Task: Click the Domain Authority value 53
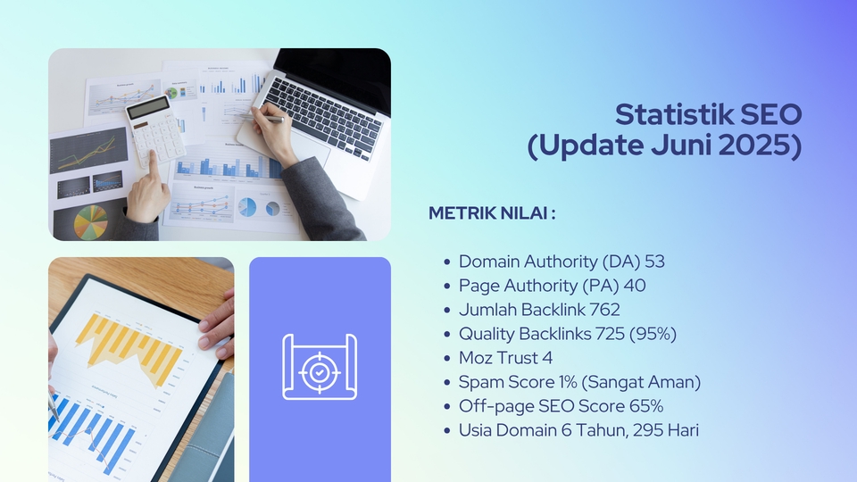654,262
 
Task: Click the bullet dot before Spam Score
446,383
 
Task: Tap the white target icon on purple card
320,366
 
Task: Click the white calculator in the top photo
155,130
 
